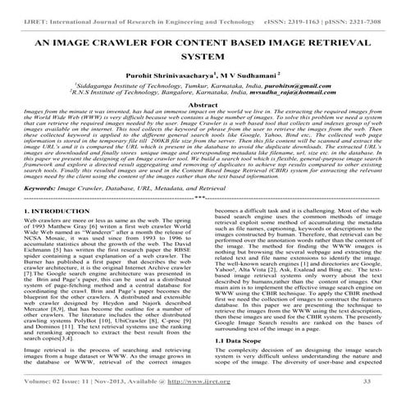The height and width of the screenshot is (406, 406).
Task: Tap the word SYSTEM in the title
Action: coord(203,57)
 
